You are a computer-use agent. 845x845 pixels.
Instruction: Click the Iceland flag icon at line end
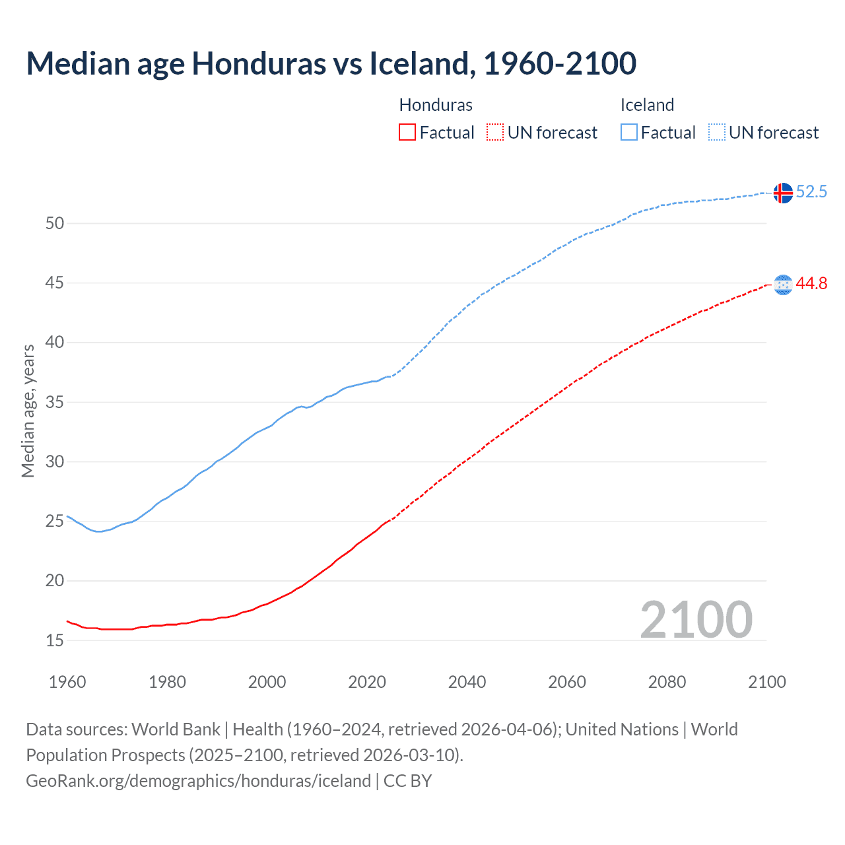pyautogui.click(x=783, y=193)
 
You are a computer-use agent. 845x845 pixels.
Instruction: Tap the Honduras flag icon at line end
pyautogui.click(x=783, y=285)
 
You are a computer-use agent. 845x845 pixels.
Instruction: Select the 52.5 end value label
pyautogui.click(x=811, y=192)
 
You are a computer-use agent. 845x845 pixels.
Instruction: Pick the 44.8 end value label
pyautogui.click(x=811, y=284)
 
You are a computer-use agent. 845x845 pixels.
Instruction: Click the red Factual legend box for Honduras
pyautogui.click(x=407, y=133)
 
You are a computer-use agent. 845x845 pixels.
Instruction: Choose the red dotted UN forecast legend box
pyautogui.click(x=495, y=133)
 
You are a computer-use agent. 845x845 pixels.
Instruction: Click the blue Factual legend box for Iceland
pyautogui.click(x=629, y=133)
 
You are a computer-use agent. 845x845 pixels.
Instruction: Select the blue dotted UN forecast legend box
pyautogui.click(x=716, y=133)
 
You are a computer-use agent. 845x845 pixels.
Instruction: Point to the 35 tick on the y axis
pyautogui.click(x=55, y=402)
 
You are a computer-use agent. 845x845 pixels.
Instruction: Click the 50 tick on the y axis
pyautogui.click(x=55, y=223)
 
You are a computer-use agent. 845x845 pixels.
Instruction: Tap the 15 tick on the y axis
pyautogui.click(x=55, y=640)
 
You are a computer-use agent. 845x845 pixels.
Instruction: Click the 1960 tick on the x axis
pyautogui.click(x=67, y=682)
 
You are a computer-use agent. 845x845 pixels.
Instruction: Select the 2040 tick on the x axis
pyautogui.click(x=467, y=682)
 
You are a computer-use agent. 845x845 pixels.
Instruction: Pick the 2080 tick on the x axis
pyautogui.click(x=667, y=682)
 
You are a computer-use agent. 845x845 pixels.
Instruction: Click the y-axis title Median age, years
pyautogui.click(x=28, y=411)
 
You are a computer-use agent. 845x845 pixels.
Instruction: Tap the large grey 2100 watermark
pyautogui.click(x=696, y=620)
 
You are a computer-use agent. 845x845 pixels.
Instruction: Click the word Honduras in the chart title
pyautogui.click(x=258, y=63)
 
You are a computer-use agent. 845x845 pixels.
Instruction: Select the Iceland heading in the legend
pyautogui.click(x=647, y=105)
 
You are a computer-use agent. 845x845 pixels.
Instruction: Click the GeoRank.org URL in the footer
pyautogui.click(x=198, y=781)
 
